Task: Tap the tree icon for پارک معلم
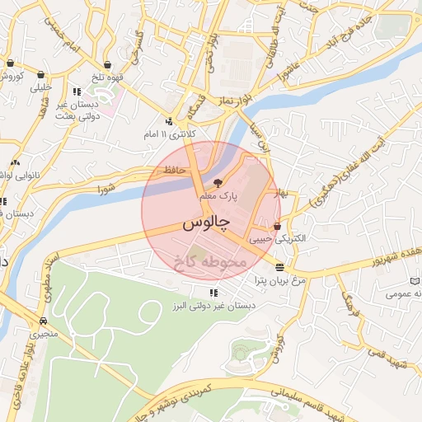tap(218, 183)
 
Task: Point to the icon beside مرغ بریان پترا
tap(279, 267)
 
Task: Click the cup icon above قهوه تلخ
tap(108, 63)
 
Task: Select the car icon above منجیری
tap(43, 321)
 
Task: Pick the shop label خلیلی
tap(40, 87)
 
